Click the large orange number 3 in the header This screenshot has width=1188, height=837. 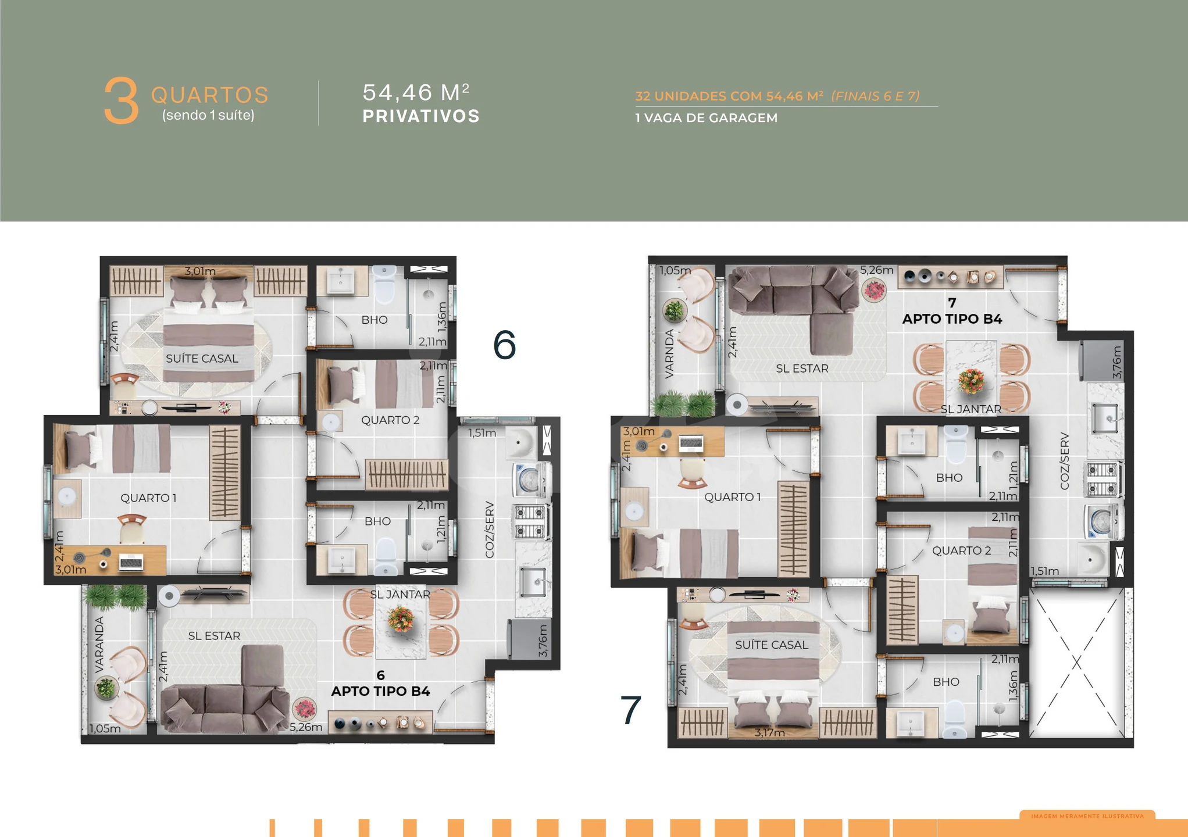[x=122, y=101]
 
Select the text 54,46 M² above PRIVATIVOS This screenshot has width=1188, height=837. [x=416, y=92]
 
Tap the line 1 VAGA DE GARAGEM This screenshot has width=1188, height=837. [x=706, y=118]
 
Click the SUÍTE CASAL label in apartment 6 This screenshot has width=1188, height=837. [x=202, y=359]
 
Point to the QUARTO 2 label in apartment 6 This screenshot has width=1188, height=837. [x=390, y=420]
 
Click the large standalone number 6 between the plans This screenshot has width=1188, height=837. [x=504, y=345]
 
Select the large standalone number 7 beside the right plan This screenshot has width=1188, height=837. [x=631, y=710]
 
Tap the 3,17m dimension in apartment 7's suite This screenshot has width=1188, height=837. [x=769, y=732]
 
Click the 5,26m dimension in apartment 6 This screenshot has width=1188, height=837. [x=306, y=727]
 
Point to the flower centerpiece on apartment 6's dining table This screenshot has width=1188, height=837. [x=401, y=618]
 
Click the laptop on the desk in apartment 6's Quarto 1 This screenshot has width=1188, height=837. [x=131, y=562]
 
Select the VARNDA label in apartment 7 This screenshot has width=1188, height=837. [x=669, y=353]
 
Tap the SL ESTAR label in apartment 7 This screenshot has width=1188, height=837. [x=802, y=369]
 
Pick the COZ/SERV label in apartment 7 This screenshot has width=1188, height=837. [x=1065, y=461]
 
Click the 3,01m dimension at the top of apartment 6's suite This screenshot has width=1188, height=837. [x=200, y=271]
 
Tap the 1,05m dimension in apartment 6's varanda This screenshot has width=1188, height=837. [x=105, y=729]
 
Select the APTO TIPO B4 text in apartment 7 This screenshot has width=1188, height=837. [x=952, y=319]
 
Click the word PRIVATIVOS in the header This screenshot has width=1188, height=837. [x=421, y=117]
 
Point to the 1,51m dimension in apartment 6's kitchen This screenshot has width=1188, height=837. [x=482, y=433]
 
